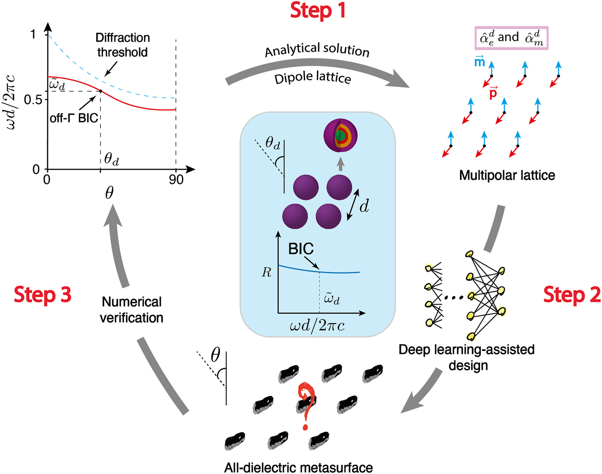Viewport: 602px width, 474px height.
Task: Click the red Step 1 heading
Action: (318, 10)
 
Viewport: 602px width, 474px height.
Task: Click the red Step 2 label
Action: (572, 295)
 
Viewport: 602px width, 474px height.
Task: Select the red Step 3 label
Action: (43, 295)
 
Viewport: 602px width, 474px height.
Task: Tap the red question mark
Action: (307, 405)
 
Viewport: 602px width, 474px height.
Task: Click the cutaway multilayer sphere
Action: (340, 136)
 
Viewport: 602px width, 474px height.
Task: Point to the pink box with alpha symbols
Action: (511, 38)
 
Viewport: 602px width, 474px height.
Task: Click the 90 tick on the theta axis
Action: (176, 180)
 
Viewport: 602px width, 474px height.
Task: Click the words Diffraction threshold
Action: (122, 45)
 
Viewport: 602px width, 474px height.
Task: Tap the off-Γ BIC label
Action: (74, 118)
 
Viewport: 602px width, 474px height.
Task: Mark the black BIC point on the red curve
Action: (100, 91)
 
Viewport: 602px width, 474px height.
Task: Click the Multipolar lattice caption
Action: (507, 175)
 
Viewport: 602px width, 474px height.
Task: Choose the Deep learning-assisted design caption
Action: (466, 357)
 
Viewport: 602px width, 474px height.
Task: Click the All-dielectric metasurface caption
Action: (298, 467)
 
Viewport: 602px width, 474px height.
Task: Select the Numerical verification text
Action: (131, 310)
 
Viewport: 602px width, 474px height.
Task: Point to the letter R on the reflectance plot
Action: (267, 272)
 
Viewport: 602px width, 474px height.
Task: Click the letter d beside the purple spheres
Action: (364, 207)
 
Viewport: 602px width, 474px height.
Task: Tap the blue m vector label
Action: (480, 62)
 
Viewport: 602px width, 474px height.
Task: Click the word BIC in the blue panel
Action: (301, 249)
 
